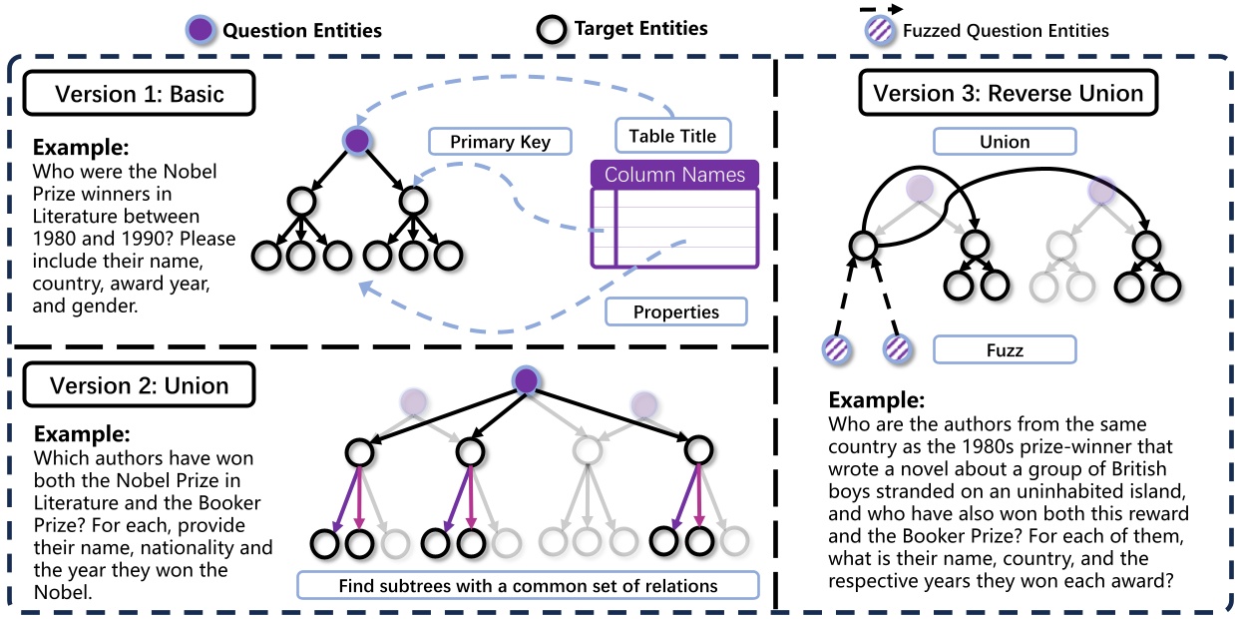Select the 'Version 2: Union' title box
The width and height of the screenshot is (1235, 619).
coord(139,384)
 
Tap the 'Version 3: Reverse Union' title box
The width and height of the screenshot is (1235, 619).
coord(1007,93)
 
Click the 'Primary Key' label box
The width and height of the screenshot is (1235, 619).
coord(500,142)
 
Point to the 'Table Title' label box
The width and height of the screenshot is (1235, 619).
coord(672,136)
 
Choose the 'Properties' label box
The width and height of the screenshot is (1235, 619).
coord(675,311)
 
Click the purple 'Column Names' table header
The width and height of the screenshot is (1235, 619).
coord(674,175)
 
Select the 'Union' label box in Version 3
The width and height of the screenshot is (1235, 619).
coord(1005,142)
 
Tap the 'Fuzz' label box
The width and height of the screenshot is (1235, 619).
coord(1005,350)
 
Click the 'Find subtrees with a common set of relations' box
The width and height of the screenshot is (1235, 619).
coord(528,583)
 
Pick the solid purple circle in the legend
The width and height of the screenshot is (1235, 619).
coord(203,29)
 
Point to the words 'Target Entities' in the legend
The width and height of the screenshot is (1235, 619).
coord(640,28)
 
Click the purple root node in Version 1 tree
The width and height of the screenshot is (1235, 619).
coord(358,141)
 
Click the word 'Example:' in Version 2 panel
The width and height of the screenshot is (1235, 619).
coord(82,435)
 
